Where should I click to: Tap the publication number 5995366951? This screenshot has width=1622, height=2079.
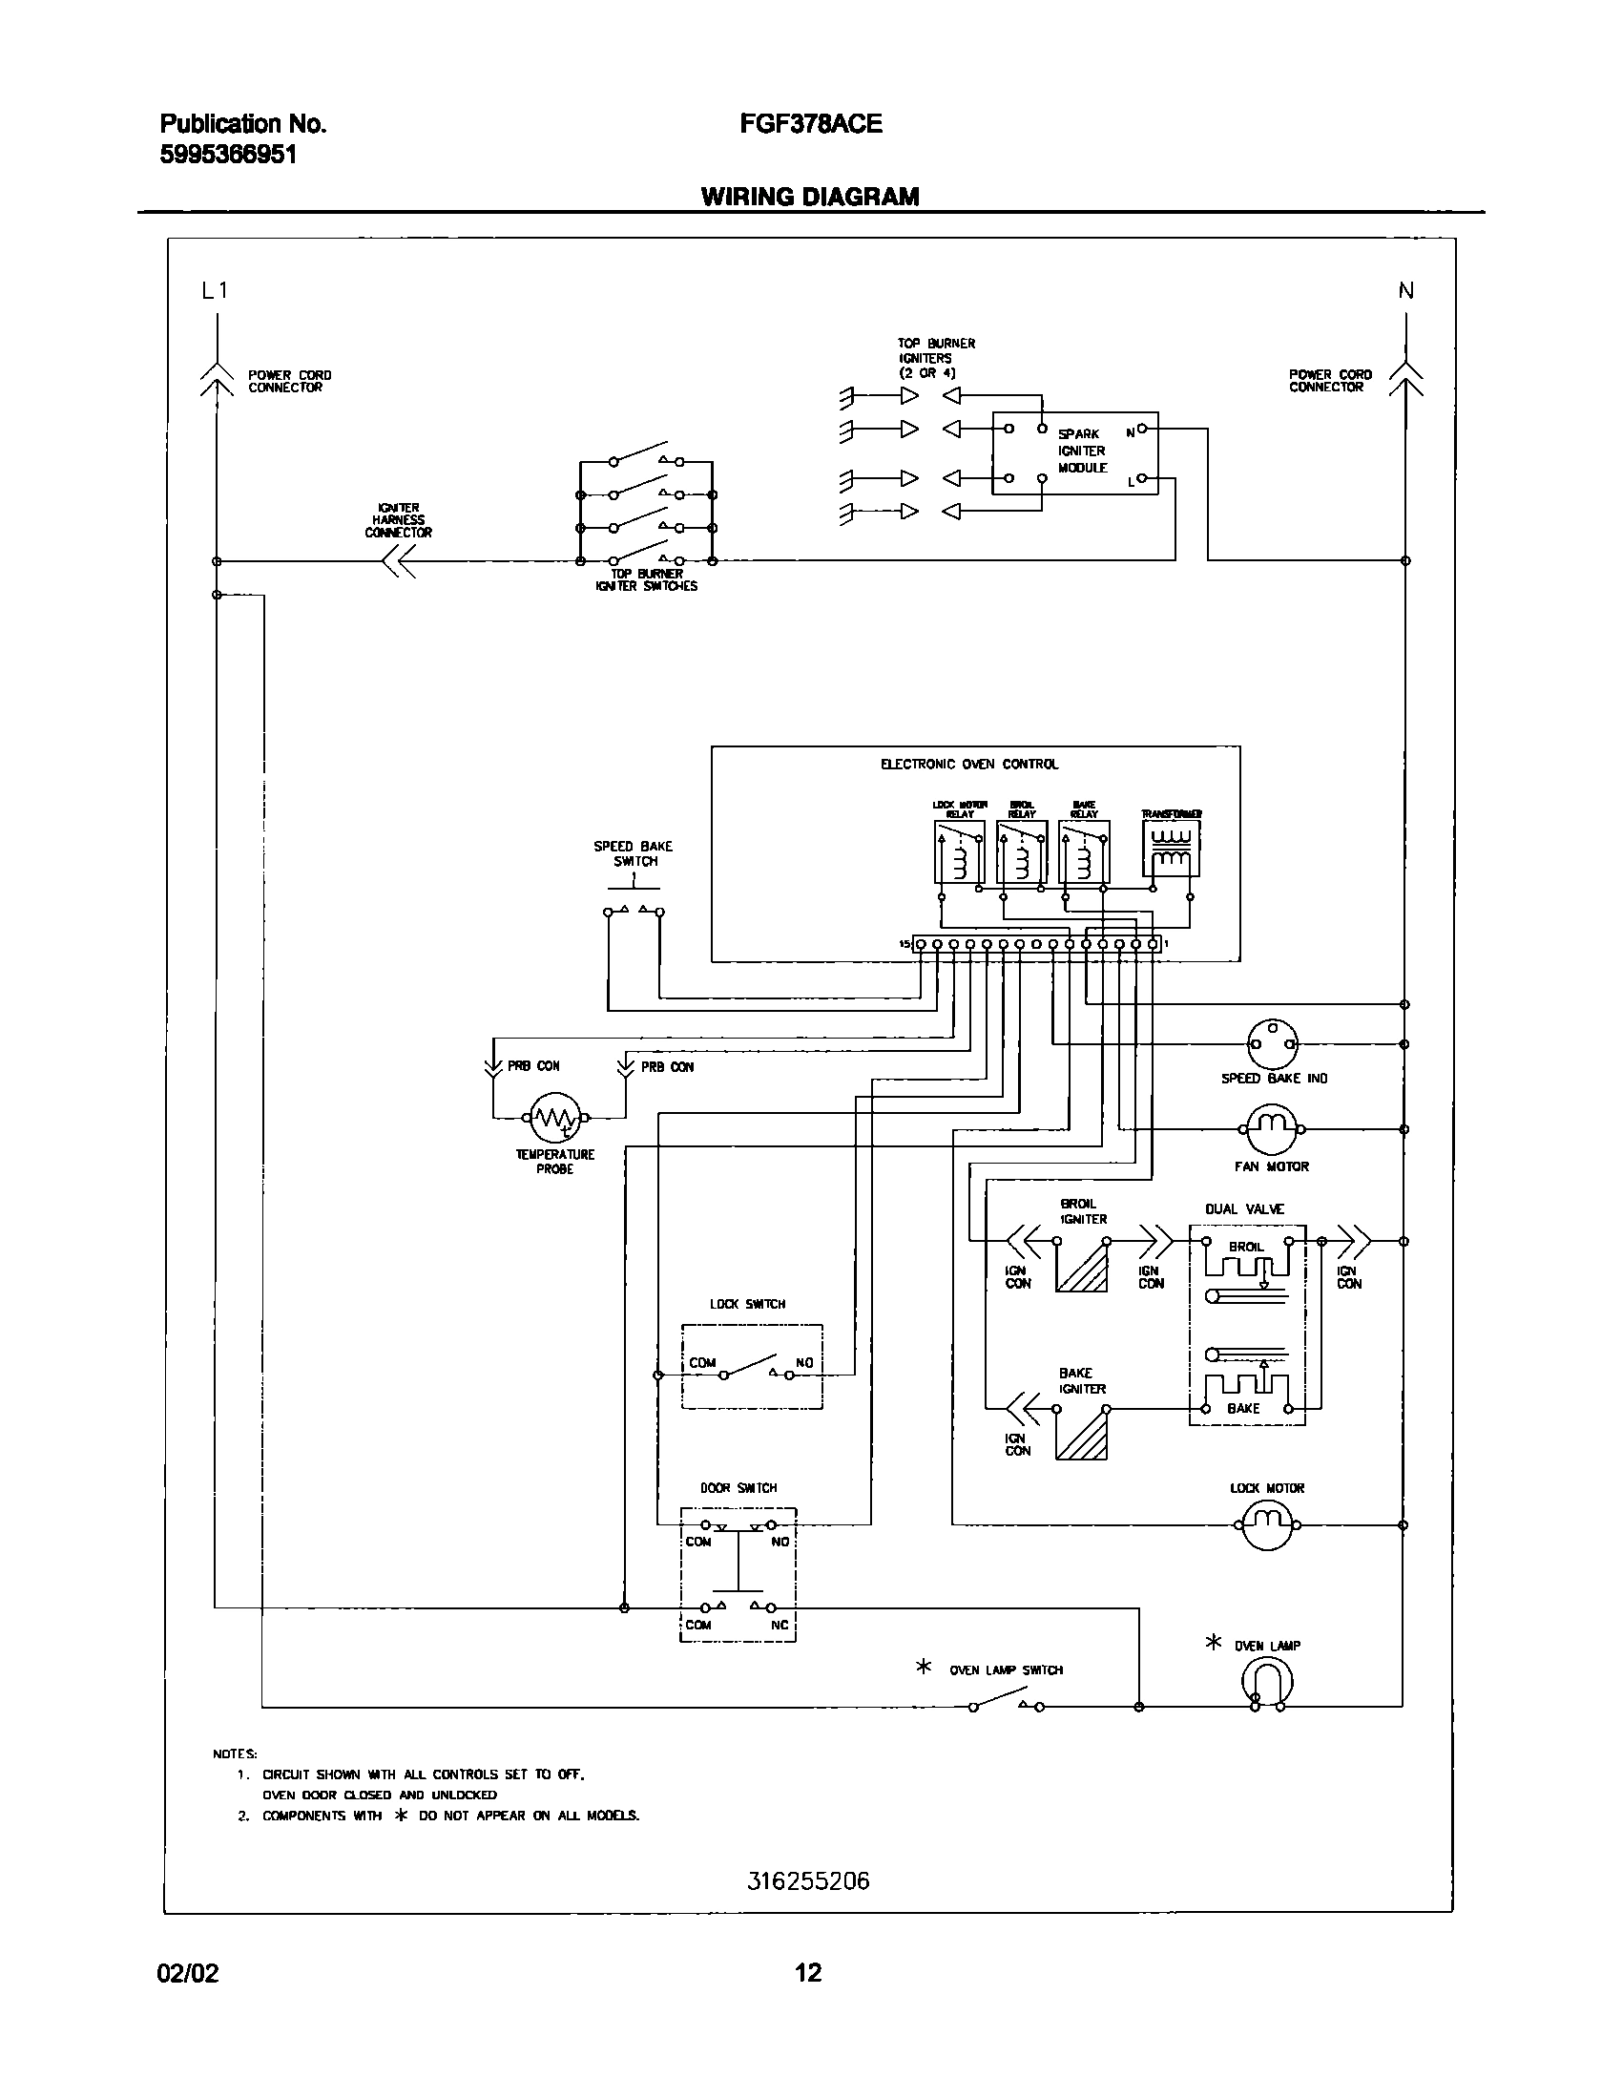tap(228, 155)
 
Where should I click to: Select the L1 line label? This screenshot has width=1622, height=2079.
tap(215, 291)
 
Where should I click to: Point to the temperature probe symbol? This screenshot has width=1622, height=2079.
tap(554, 1117)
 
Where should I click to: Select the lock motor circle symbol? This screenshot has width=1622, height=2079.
tap(1267, 1524)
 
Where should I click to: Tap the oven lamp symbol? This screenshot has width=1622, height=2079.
tap(1268, 1682)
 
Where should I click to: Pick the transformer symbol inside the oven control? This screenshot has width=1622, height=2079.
tap(1171, 848)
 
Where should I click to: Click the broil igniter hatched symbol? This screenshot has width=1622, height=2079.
tap(1081, 1266)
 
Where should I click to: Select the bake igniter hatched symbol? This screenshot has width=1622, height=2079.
tap(1081, 1435)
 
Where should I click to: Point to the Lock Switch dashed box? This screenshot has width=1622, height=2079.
tap(752, 1366)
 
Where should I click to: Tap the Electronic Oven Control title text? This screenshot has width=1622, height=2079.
tap(968, 764)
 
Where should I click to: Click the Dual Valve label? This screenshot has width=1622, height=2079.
tap(1244, 1208)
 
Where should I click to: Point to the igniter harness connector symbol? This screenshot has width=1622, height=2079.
tap(398, 561)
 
